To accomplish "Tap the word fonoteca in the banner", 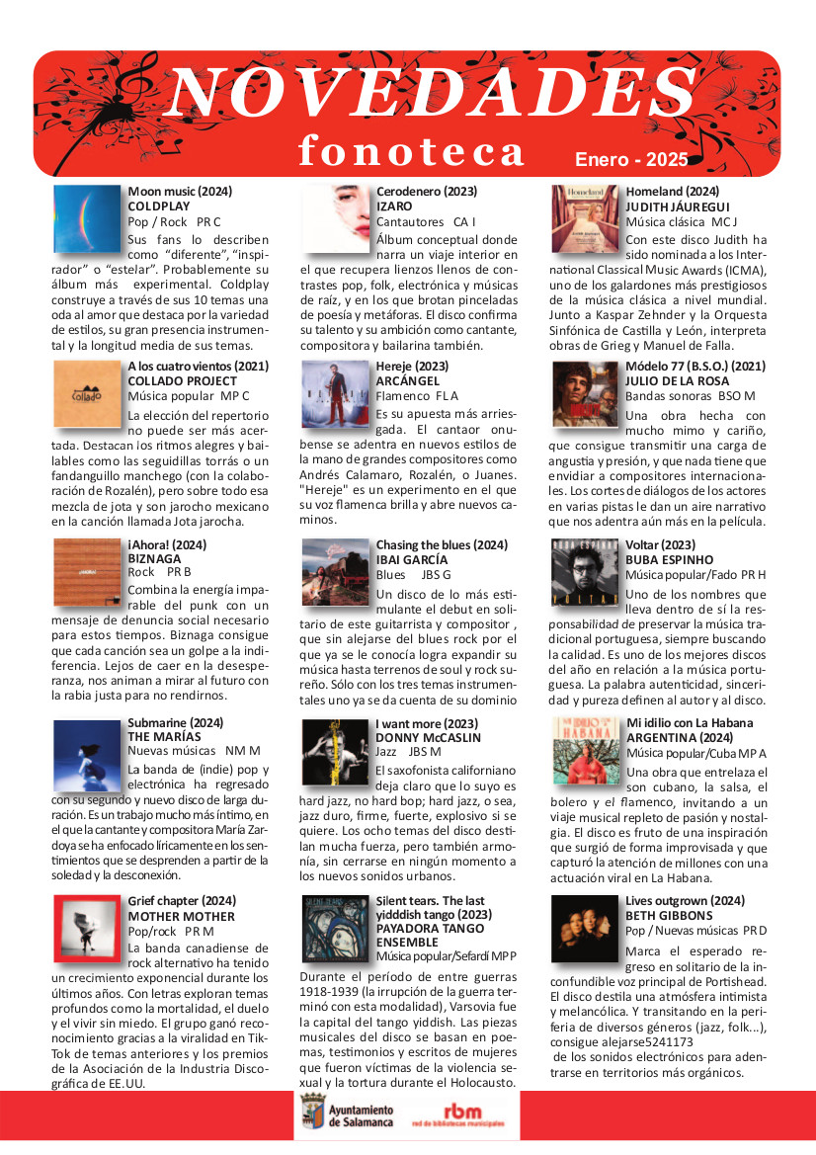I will [412, 151].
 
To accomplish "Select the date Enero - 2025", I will [631, 159].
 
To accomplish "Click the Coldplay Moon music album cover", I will [87, 218].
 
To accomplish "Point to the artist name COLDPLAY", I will [158, 206].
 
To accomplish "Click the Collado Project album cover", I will [87, 394].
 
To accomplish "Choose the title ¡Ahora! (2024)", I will [168, 544].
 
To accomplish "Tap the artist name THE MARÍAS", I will [164, 736].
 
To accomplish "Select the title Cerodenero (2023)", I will [427, 191].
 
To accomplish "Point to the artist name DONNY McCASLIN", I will [427, 737].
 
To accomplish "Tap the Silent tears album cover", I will [335, 929].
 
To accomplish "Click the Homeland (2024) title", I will [673, 191].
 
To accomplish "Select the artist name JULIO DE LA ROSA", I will [678, 380].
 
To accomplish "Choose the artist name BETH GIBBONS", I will [668, 916].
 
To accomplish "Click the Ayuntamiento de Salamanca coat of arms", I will [308, 1117].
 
